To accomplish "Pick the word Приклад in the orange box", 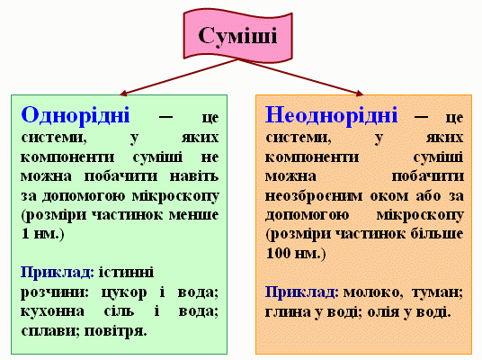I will click(x=299, y=292).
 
